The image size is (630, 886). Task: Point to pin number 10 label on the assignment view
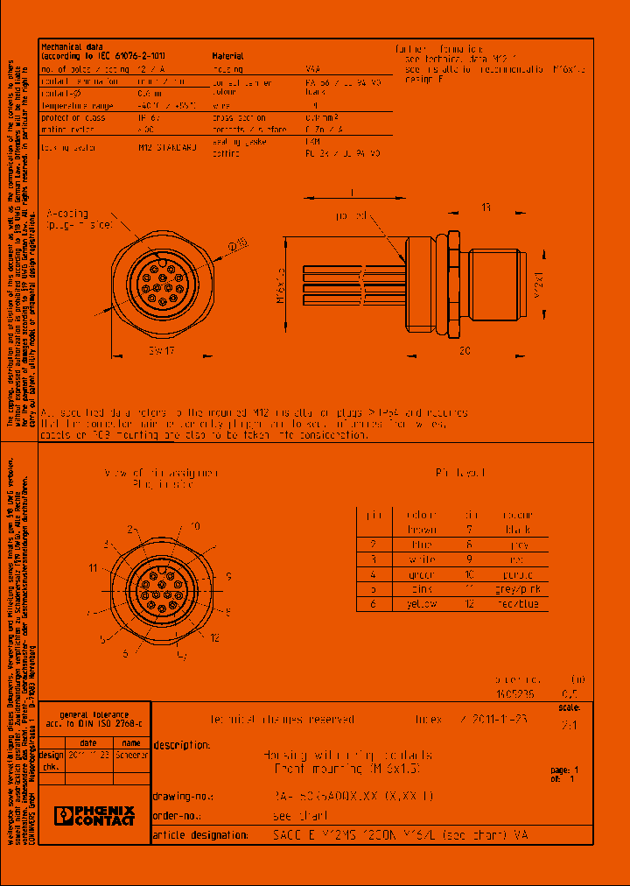[x=194, y=525]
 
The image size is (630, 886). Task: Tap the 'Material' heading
[x=228, y=55]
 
